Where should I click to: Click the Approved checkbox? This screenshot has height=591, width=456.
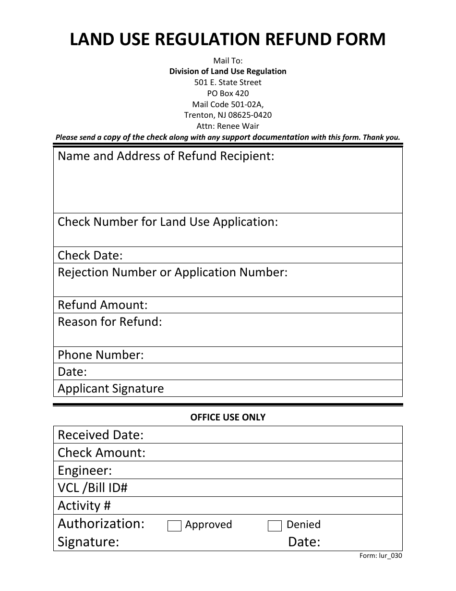point(174,526)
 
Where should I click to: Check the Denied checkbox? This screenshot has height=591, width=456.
point(275,526)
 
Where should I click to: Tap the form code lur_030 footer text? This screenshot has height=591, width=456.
point(381,556)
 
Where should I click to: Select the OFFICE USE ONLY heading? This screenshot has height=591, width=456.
point(228,417)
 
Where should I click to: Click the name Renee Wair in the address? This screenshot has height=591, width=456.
point(238,126)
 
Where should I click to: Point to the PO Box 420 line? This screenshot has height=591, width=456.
point(228,93)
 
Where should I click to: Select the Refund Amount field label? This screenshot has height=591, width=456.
point(103,305)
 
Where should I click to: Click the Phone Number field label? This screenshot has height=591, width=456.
point(101,355)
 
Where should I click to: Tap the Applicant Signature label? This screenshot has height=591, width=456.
point(110,388)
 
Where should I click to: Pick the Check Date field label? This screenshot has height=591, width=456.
point(90,255)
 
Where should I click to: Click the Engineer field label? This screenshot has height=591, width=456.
point(84,470)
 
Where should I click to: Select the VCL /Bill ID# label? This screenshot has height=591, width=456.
point(93,488)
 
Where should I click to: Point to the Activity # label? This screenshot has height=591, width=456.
point(84,505)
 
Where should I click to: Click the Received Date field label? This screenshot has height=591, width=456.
point(101,435)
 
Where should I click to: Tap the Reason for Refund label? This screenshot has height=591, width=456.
point(110,321)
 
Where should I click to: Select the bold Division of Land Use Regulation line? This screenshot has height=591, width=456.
point(228,71)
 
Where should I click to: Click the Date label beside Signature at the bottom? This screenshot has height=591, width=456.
point(304,542)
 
